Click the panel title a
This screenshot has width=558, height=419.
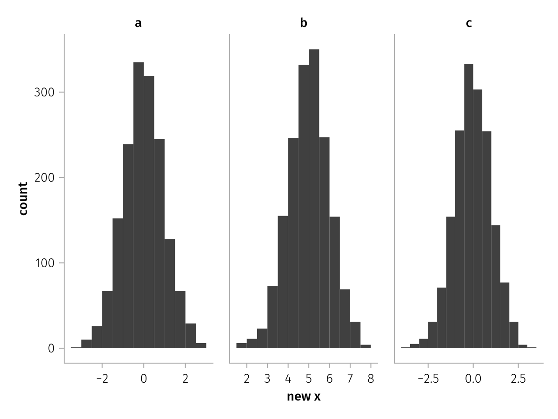coord(138,23)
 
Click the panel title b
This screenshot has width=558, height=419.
coord(304,23)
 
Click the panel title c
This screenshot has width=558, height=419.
coord(469,23)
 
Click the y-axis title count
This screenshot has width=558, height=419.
coord(23,198)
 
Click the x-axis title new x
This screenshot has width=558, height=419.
coord(304,397)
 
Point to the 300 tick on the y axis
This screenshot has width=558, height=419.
coord(44,92)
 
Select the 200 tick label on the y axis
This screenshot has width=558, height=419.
coord(44,177)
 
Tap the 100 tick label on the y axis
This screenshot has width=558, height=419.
coord(44,263)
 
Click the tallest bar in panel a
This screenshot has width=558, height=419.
coord(139,205)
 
